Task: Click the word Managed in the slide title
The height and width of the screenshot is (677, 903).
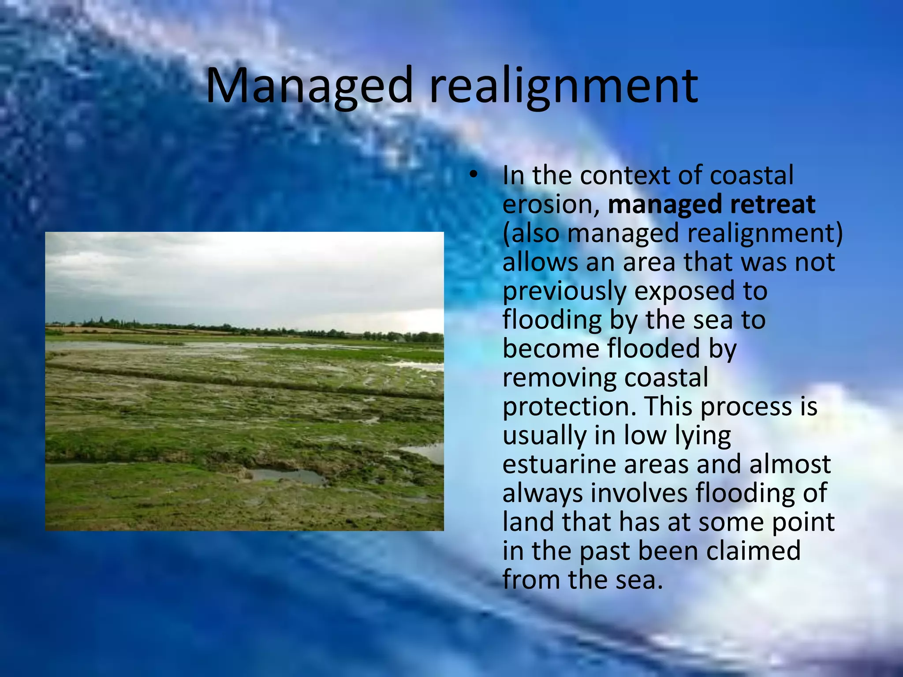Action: [309, 86]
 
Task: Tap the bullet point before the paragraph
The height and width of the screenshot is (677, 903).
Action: [473, 175]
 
